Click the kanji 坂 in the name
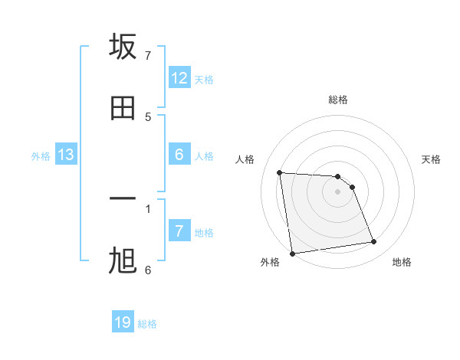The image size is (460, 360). pos(123,47)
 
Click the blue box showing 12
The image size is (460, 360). pos(179,78)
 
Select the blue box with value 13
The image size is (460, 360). pos(66,155)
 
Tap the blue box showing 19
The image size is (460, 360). pos(123,322)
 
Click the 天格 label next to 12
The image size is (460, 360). pos(204,80)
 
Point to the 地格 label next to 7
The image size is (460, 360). pos(204,233)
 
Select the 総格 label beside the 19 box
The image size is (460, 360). pos(147,324)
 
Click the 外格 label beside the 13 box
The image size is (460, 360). pos(41,156)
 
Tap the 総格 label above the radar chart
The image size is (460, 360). pos(338,100)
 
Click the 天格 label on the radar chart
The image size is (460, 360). pos(431,159)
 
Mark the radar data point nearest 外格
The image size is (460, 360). pos(292,253)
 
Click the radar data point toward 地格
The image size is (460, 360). pos(374,242)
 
